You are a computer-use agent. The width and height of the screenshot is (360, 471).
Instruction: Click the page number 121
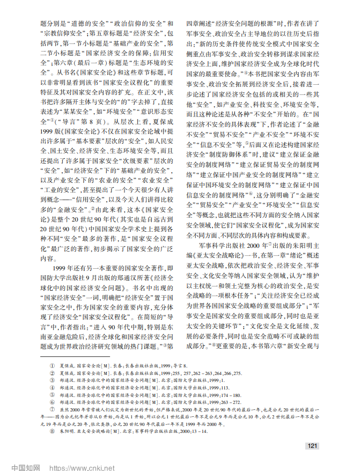click(x=313, y=446)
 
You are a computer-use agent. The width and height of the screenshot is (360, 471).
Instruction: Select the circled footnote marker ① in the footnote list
click(x=52, y=365)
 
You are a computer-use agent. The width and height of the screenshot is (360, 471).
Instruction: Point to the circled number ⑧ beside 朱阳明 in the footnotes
click(x=52, y=431)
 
